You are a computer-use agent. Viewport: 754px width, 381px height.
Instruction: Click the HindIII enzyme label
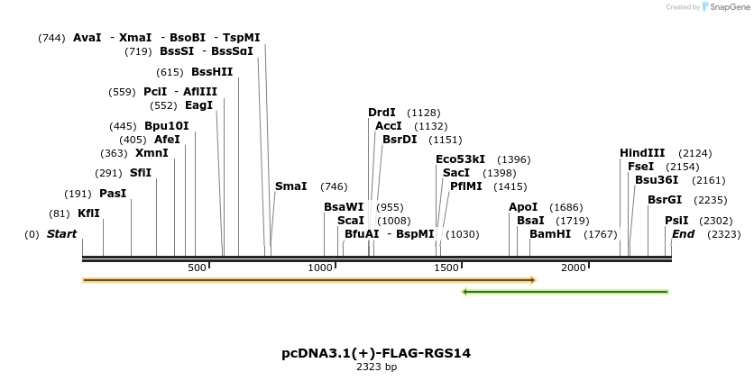pos(642,153)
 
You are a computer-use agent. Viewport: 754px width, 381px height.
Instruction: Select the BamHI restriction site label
pos(550,234)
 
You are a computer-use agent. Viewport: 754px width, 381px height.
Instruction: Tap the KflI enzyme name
pos(88,213)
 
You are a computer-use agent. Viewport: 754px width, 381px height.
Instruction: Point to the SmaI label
pos(290,186)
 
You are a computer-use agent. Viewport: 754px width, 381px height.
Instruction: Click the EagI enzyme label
pos(198,105)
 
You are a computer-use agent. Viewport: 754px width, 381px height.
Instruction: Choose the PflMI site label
pos(465,186)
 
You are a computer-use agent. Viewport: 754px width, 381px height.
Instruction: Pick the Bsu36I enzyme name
pos(656,180)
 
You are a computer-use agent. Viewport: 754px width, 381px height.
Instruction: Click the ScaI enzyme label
pos(351,221)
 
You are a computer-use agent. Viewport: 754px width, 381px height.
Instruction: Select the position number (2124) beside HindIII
pos(694,153)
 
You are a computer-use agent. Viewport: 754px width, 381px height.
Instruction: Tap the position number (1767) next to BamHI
pos(601,234)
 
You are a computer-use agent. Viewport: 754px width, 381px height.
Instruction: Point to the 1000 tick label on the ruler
pos(321,268)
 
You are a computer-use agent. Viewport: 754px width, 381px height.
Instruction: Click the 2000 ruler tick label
pos(574,268)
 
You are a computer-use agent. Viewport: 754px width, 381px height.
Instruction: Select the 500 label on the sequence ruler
pos(198,268)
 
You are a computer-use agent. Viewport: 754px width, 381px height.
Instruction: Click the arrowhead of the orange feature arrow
pos(533,280)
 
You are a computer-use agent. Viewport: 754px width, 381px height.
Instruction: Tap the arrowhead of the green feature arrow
pos(465,292)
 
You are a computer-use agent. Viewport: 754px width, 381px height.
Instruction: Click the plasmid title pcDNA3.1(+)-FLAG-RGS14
pos(376,353)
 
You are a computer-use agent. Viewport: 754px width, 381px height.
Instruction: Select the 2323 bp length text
pos(376,367)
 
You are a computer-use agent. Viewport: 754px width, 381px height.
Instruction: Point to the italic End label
pos(683,234)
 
